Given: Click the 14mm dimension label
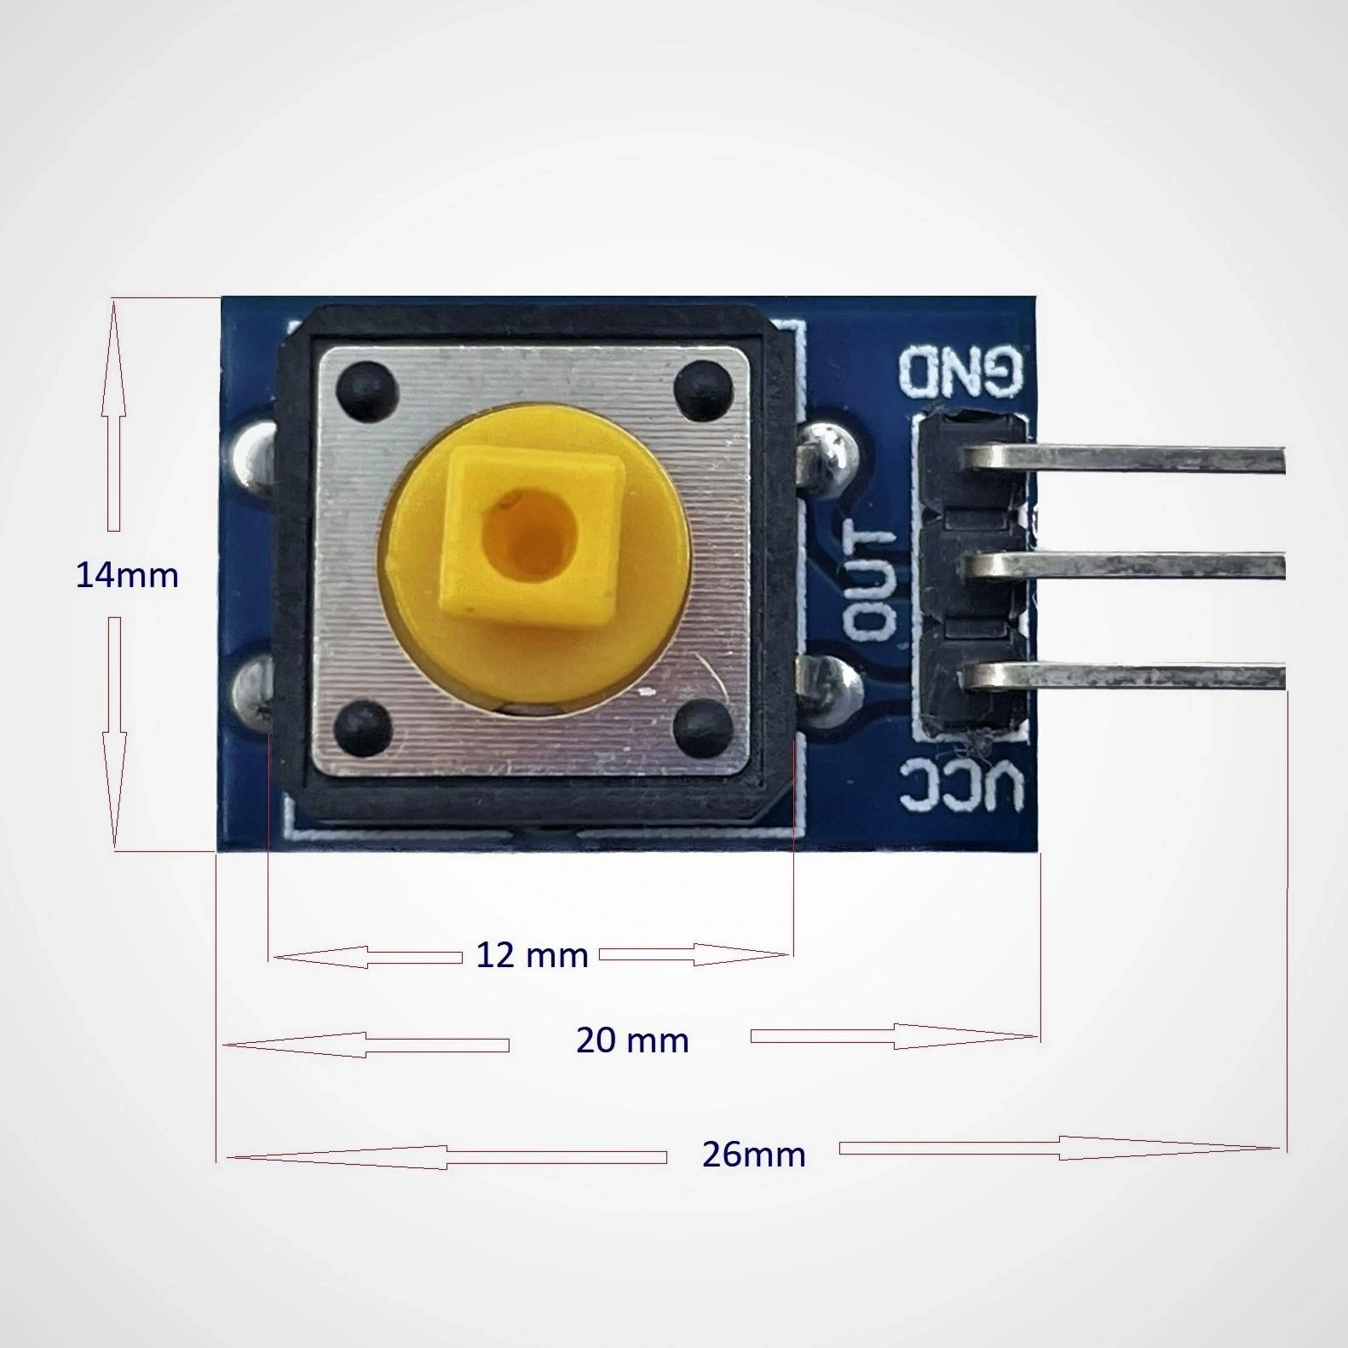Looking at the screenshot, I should click(127, 576).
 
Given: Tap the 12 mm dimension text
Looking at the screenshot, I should click(533, 955).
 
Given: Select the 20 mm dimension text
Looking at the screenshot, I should click(632, 1040).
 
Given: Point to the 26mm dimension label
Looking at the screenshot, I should click(754, 1154).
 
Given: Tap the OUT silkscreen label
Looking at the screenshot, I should click(871, 581).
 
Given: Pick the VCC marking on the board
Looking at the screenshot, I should click(961, 785).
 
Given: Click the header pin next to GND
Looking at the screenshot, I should click(1125, 459).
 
